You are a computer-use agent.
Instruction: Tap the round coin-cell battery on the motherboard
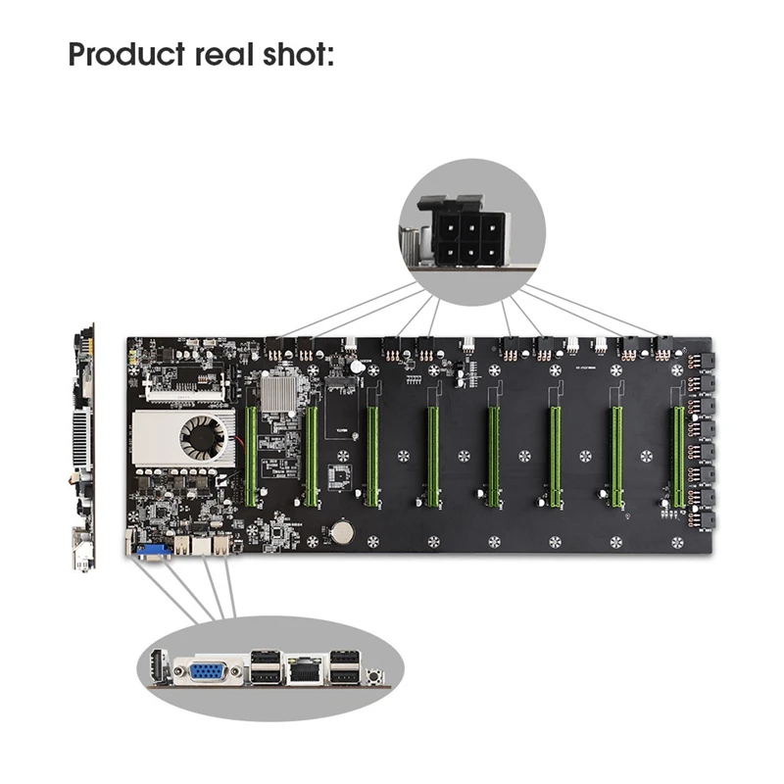point(342,532)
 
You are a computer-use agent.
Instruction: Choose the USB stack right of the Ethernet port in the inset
point(344,670)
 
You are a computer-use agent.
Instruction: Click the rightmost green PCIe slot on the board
point(676,457)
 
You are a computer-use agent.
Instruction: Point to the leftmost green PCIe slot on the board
point(251,457)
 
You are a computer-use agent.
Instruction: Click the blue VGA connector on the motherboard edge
point(153,550)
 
